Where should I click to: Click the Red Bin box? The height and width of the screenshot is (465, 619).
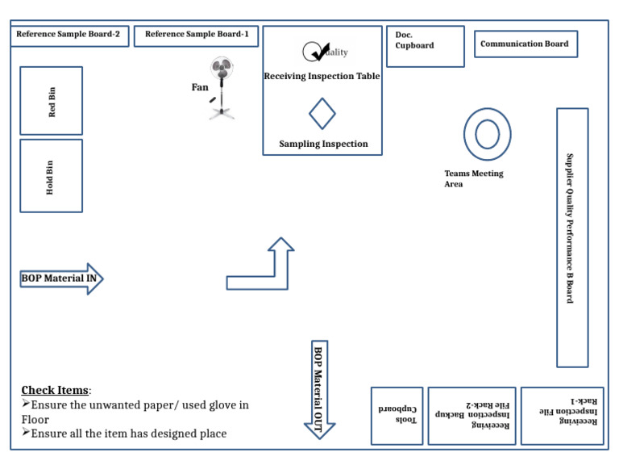tap(52, 101)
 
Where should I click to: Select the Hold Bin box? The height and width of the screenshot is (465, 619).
tap(52, 176)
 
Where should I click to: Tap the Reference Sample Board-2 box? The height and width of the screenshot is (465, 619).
tap(69, 36)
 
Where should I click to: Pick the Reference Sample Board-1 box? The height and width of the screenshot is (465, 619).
tap(196, 36)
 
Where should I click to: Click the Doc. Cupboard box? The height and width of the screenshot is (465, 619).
tap(426, 47)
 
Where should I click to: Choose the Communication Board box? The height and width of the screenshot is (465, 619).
tap(526, 44)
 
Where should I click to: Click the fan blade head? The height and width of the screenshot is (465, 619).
tap(222, 68)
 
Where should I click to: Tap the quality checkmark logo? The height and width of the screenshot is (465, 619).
tap(325, 52)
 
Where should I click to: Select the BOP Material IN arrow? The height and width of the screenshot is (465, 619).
tap(61, 279)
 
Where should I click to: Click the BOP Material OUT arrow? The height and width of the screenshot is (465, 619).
tap(319, 389)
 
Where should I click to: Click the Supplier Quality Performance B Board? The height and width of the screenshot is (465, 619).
tap(572, 237)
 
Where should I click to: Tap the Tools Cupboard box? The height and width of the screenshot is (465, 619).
tap(397, 416)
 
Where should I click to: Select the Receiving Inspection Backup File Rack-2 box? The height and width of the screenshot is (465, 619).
tap(472, 416)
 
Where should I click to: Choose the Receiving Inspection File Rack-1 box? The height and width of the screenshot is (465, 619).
tap(562, 416)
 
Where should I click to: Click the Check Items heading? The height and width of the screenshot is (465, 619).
tap(55, 390)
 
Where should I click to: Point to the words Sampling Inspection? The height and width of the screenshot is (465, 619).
tap(323, 144)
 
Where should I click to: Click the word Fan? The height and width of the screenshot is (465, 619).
tap(200, 87)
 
